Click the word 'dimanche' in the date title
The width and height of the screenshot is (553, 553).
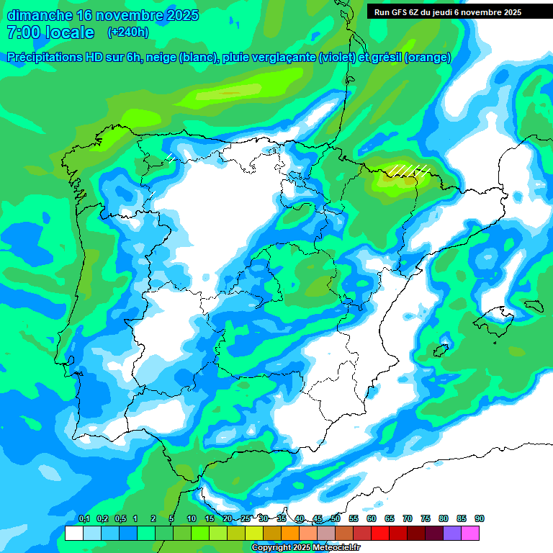39,14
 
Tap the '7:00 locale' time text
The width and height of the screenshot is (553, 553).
50,32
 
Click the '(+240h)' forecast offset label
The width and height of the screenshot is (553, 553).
127,32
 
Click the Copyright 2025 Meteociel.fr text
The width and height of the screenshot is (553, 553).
306,548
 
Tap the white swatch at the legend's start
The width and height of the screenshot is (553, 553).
73,534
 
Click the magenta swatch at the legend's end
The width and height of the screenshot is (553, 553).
470,534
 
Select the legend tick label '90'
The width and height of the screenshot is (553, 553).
480,518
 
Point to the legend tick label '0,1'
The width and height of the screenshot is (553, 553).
84,518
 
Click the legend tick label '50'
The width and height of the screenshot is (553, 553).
336,518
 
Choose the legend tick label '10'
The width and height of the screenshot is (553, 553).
192,518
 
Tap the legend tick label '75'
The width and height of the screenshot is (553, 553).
426,518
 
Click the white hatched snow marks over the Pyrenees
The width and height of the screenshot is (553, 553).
410,170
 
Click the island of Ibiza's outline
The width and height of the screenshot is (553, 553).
440,351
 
